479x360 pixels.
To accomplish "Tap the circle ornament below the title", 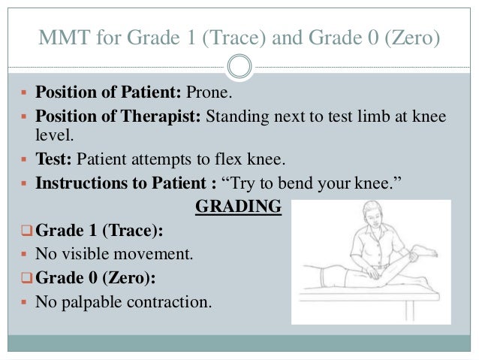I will [239, 68].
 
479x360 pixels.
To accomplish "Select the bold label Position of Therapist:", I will [119, 118].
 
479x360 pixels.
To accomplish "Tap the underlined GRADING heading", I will [238, 206].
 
